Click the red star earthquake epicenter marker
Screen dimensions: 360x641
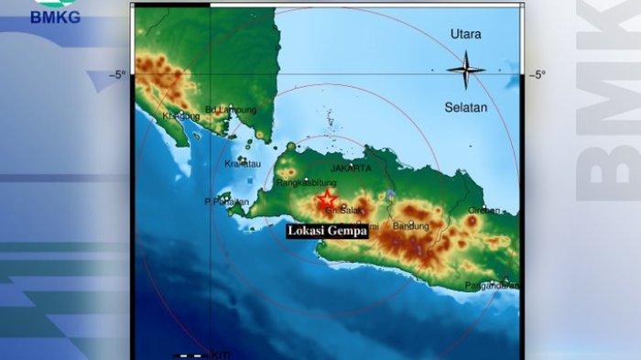[326, 199]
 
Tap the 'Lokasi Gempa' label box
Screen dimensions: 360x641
[328, 232]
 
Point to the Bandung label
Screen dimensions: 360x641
[409, 225]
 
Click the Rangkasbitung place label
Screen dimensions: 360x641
[307, 182]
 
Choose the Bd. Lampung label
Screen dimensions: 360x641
[231, 111]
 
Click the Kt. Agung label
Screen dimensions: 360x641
[179, 116]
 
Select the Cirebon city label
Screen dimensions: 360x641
[484, 210]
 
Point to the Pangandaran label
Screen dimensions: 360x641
[493, 286]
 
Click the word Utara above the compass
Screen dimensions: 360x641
[465, 34]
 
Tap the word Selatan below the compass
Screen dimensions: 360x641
[467, 107]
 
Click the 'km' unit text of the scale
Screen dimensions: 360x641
[221, 354]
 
